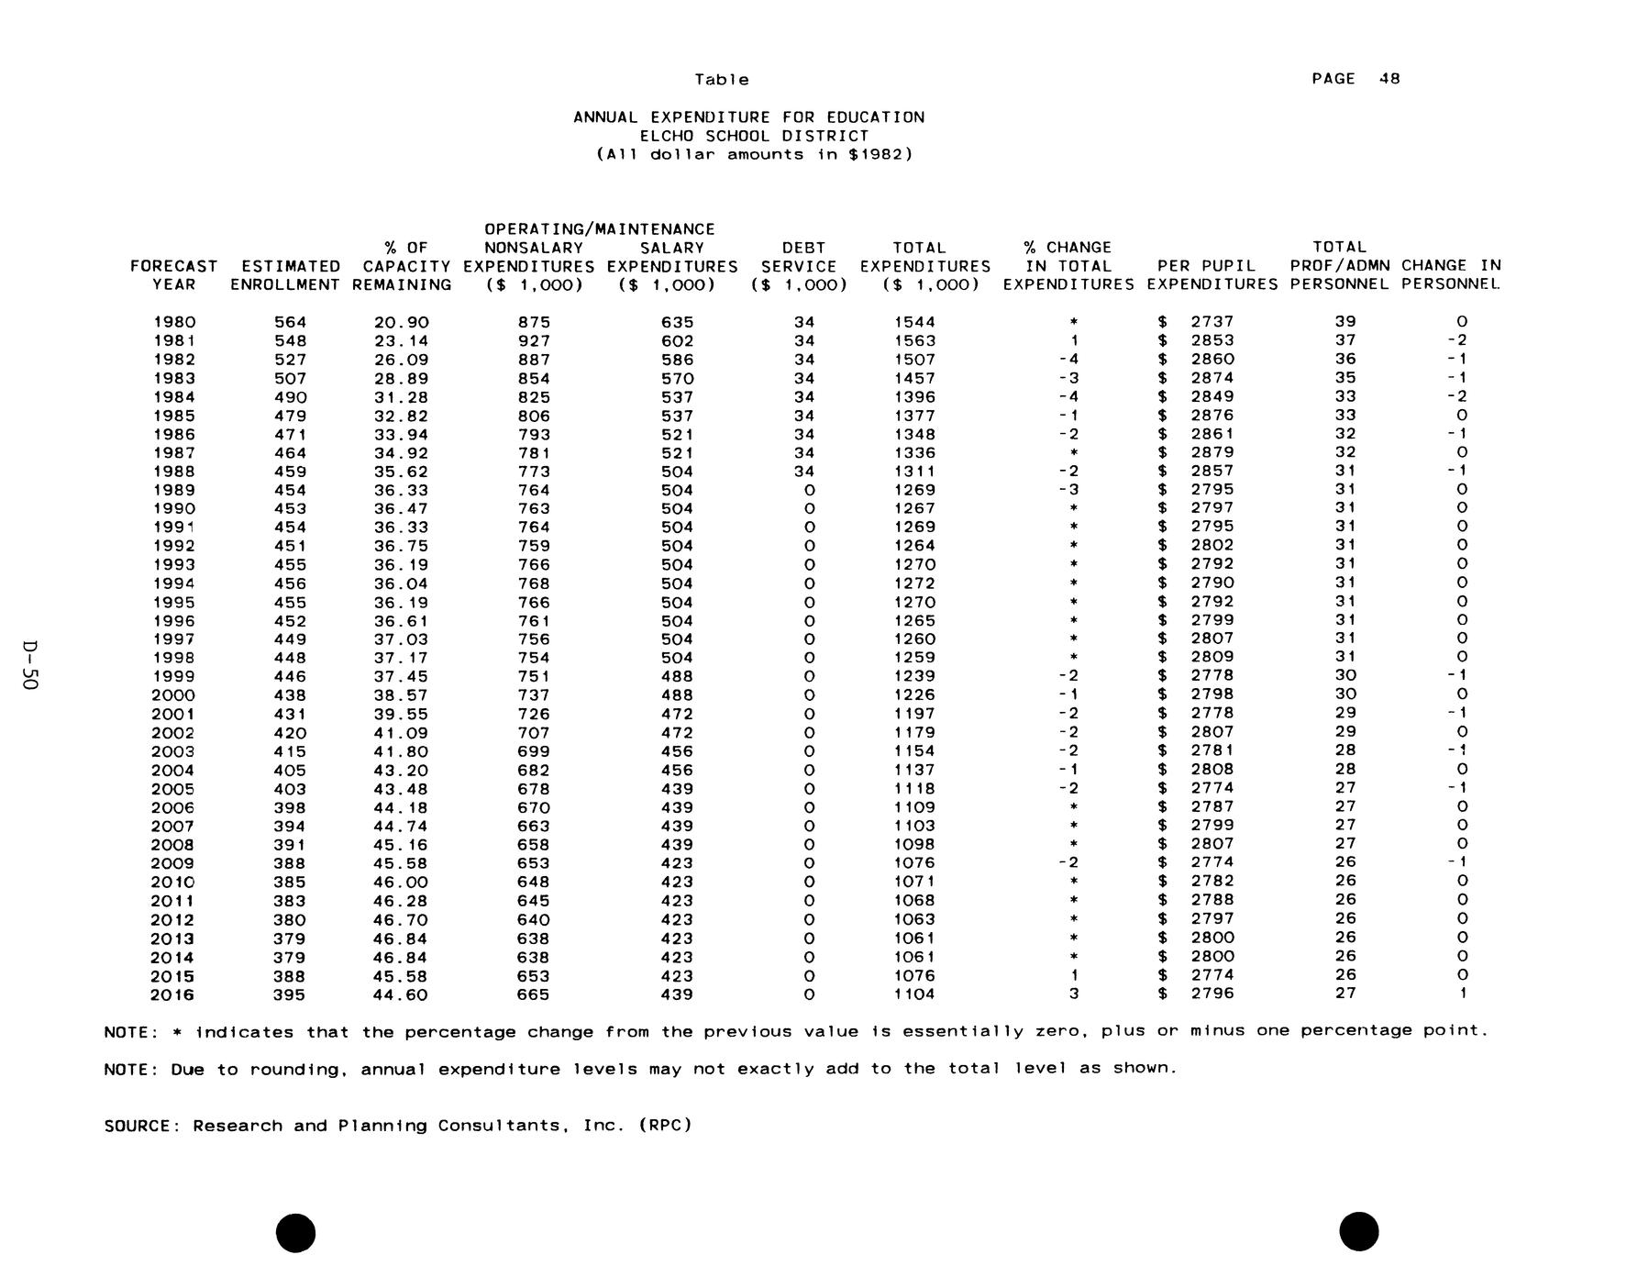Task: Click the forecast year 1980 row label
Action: pos(174,322)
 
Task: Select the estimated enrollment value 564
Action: pos(290,322)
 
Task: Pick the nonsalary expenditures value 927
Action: pos(534,341)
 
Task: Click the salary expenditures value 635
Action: pos(677,322)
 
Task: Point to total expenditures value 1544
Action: pos(914,322)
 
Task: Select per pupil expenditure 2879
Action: pos(1212,452)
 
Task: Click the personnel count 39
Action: pos(1345,321)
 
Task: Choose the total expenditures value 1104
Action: pos(914,994)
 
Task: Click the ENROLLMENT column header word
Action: pos(285,284)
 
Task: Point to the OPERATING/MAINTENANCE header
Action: pos(599,228)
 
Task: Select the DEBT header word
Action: pos(803,248)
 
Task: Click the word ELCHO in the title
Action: pos(667,136)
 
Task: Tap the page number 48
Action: pos(1389,79)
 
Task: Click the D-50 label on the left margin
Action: pos(30,665)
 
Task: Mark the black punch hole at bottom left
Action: pos(295,1232)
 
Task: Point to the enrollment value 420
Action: pos(290,733)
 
